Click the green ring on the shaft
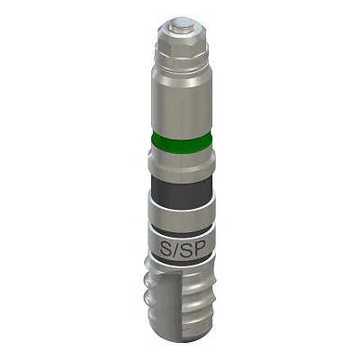click(182, 143)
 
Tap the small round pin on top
click(181, 24)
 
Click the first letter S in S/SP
click(165, 248)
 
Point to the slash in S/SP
click(175, 249)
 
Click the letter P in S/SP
click(196, 248)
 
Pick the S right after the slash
click(184, 248)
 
